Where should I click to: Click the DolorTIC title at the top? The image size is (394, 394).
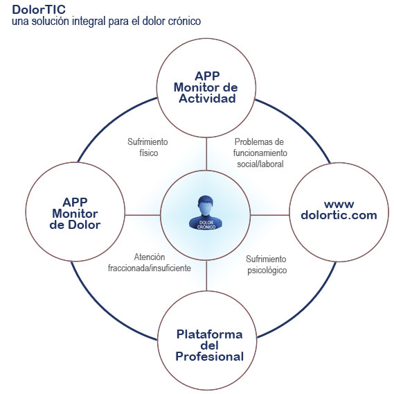pos(39,10)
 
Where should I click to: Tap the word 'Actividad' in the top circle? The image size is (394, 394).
pos(207,98)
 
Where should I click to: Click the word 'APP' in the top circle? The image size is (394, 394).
pos(207,76)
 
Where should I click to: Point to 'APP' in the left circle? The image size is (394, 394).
pos(75,202)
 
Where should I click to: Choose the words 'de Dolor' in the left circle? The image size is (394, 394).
pos(75,225)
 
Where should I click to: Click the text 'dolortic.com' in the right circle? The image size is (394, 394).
pos(339,215)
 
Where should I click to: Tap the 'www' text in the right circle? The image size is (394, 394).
pos(339,204)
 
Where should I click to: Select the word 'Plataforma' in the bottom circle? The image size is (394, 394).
pos(210,334)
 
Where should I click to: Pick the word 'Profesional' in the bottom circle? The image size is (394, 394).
pos(210,357)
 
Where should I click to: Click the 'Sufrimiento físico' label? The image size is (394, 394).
pos(147,147)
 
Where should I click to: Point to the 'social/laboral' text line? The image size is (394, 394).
pos(260,164)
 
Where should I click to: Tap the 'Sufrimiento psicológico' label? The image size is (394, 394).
pos(267,265)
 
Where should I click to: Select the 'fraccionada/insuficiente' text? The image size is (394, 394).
pos(150,268)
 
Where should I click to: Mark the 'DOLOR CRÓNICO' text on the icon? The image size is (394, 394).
pos(206,225)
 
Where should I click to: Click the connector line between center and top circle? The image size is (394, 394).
pos(206,154)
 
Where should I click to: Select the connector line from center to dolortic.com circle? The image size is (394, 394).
pos(270,215)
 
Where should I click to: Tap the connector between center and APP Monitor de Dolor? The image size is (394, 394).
pos(143,215)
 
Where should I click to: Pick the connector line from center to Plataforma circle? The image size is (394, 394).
pos(206,275)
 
